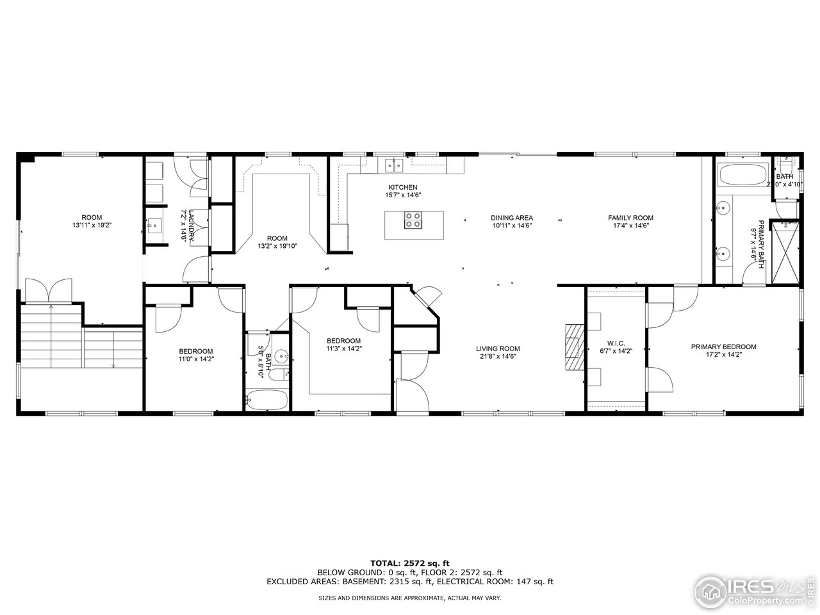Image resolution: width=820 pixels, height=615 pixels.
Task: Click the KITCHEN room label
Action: click(403, 187)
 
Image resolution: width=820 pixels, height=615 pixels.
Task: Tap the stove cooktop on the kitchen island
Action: click(413, 220)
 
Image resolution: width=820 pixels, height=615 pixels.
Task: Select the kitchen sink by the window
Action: click(393, 166)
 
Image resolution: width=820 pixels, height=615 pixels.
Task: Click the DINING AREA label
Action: click(512, 218)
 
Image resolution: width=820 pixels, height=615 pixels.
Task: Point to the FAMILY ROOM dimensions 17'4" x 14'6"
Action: click(630, 225)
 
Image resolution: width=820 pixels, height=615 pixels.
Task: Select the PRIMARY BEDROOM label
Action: click(723, 347)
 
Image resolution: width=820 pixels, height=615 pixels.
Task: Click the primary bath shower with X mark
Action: click(785, 252)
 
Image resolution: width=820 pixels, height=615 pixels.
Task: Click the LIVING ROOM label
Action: click(497, 348)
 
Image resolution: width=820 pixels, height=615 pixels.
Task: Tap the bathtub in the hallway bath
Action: click(266, 399)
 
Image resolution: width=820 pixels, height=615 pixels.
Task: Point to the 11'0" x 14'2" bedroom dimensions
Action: click(195, 359)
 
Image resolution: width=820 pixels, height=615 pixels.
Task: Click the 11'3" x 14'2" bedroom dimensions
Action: click(343, 349)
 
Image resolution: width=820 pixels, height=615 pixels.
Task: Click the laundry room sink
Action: click(154, 225)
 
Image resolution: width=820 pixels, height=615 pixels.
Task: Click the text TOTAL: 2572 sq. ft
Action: click(410, 563)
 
